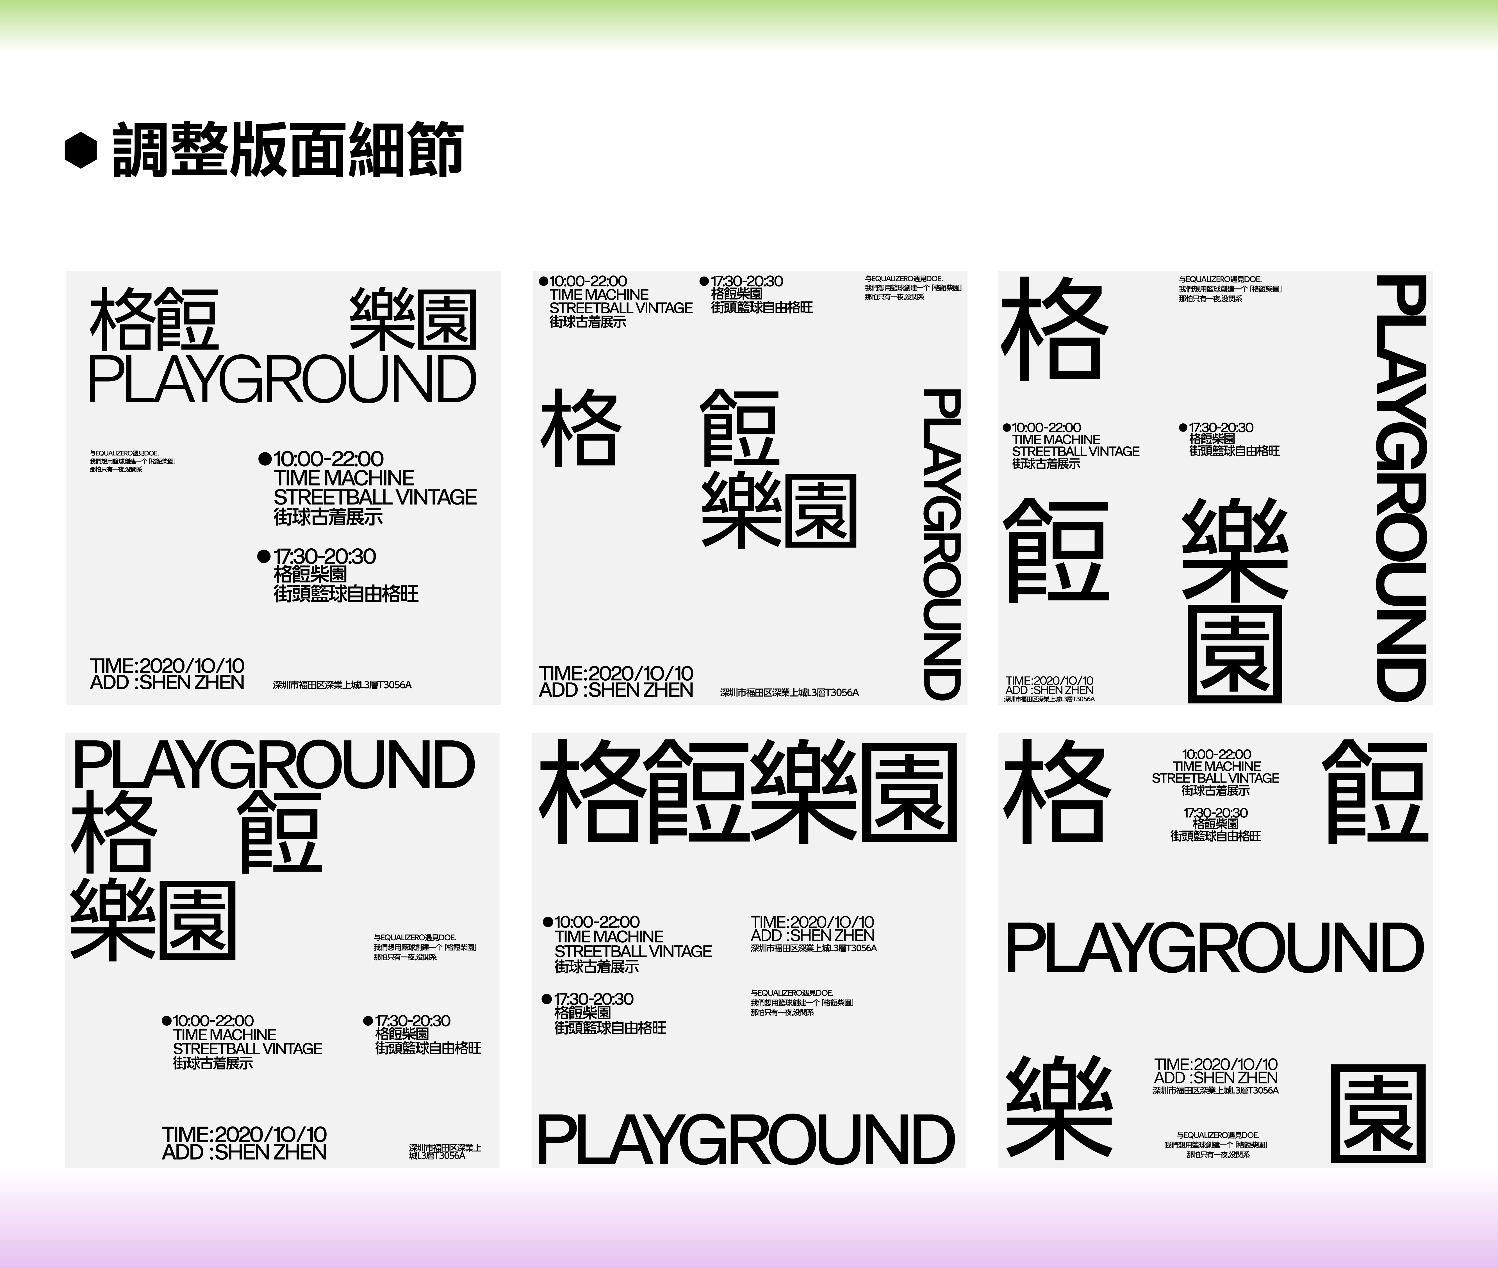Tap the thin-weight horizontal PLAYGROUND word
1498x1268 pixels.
click(x=282, y=380)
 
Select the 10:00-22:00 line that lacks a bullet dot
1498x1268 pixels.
click(x=1215, y=754)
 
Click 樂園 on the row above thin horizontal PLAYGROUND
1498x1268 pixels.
click(x=413, y=320)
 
